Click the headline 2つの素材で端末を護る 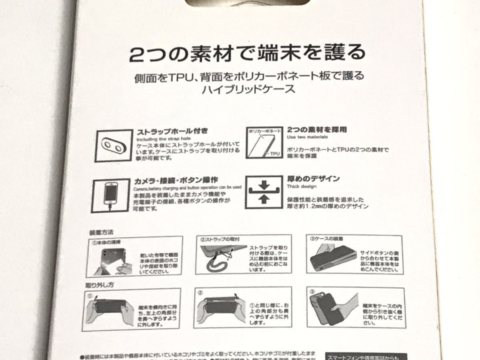[x=247, y=53]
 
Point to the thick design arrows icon [x=263, y=192]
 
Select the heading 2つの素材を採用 [x=317, y=130]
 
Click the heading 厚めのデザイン [x=313, y=178]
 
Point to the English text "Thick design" [x=301, y=186]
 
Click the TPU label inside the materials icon [x=275, y=154]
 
